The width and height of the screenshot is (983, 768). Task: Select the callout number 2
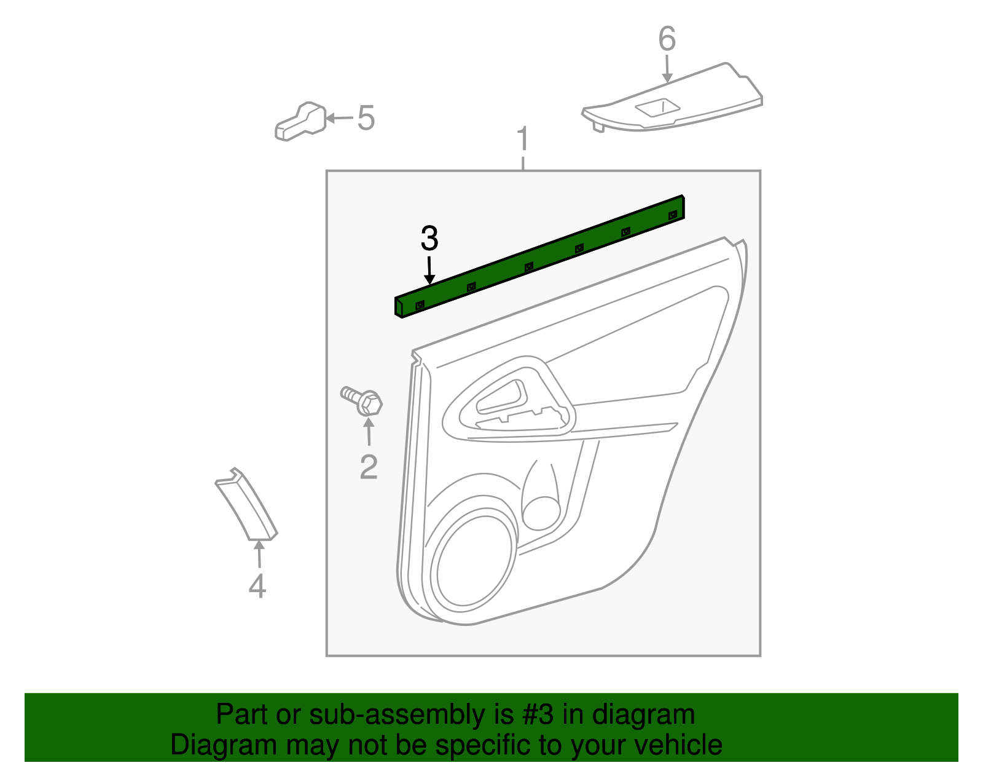369,467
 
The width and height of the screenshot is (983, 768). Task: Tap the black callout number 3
429,239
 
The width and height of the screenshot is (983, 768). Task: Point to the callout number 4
257,585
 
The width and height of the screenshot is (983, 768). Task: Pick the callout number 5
366,118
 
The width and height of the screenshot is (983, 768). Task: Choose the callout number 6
667,39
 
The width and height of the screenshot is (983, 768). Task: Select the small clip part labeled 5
300,121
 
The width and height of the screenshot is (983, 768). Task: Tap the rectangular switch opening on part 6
658,108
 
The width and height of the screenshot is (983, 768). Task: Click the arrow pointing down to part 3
429,270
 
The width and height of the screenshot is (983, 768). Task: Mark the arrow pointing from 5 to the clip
339,118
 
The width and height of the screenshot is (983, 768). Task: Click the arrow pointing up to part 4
259,554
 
